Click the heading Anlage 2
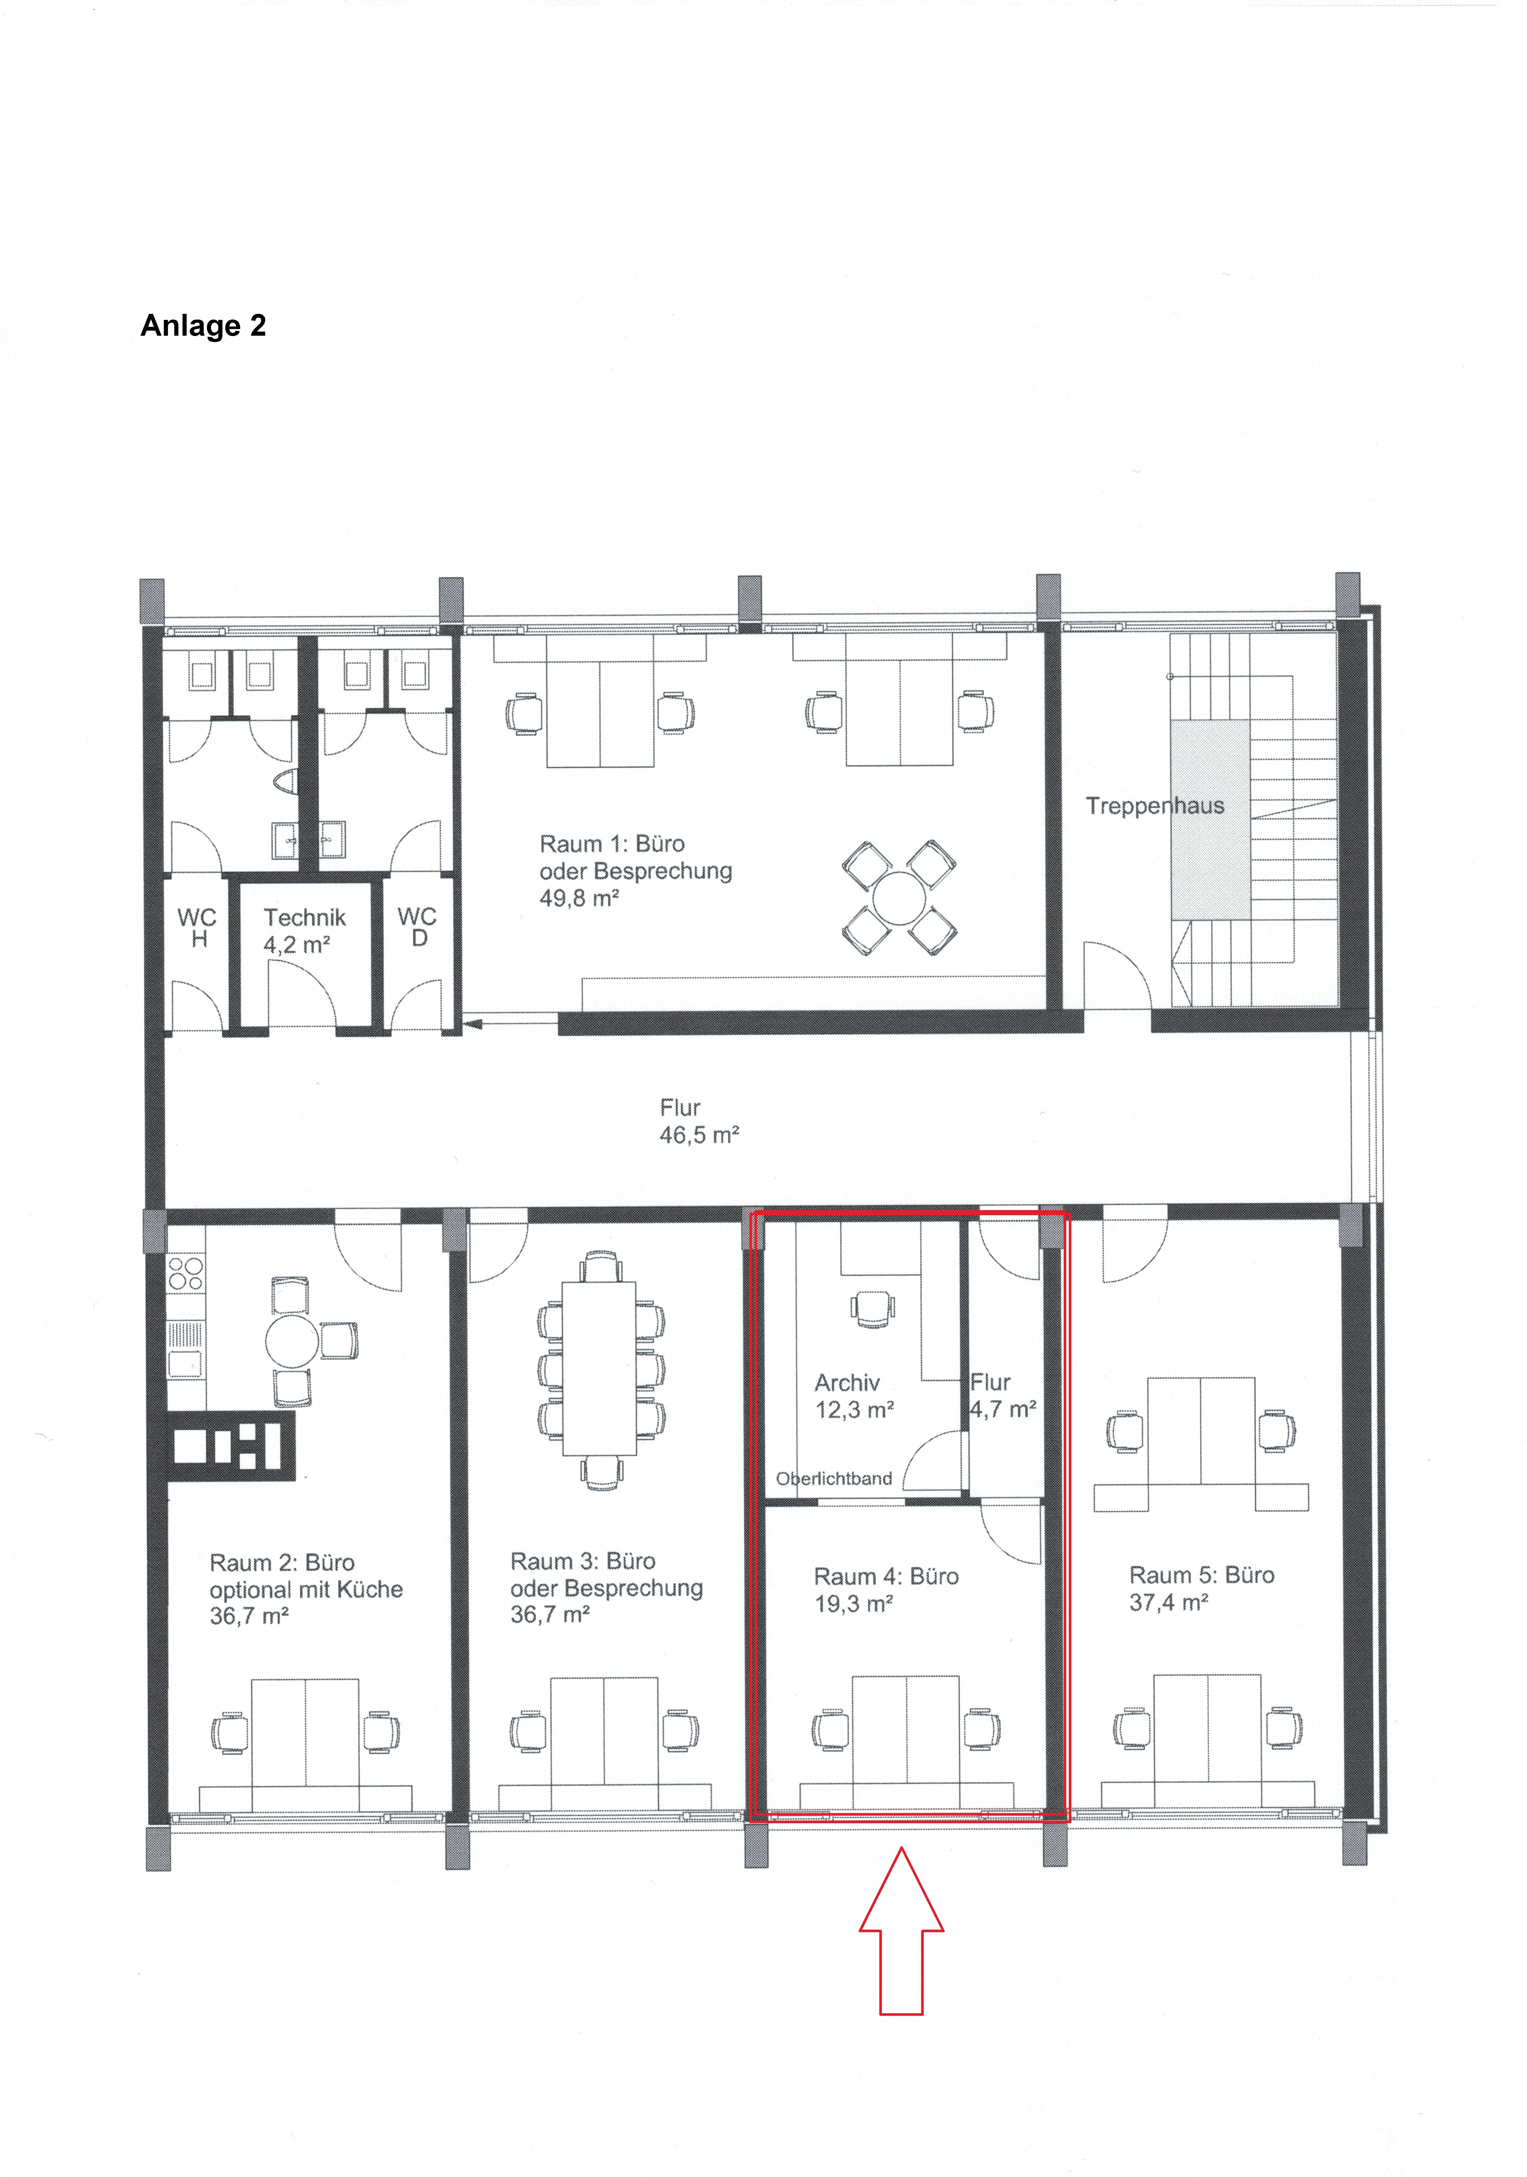click(203, 325)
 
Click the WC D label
click(417, 926)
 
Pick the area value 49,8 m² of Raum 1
click(580, 898)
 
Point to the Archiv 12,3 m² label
click(854, 1396)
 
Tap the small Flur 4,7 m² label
click(1003, 1396)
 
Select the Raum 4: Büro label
click(886, 1576)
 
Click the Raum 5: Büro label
click(1202, 1575)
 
